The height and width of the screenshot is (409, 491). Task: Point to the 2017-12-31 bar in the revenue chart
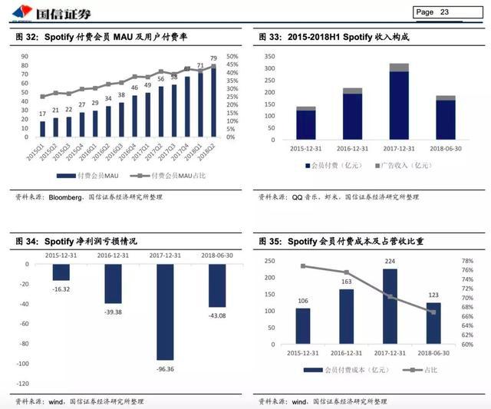[399, 107]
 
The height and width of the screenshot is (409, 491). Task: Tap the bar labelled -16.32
[61, 272]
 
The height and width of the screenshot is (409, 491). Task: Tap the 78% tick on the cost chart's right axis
[467, 261]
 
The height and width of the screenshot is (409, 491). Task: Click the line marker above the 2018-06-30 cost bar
[433, 312]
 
